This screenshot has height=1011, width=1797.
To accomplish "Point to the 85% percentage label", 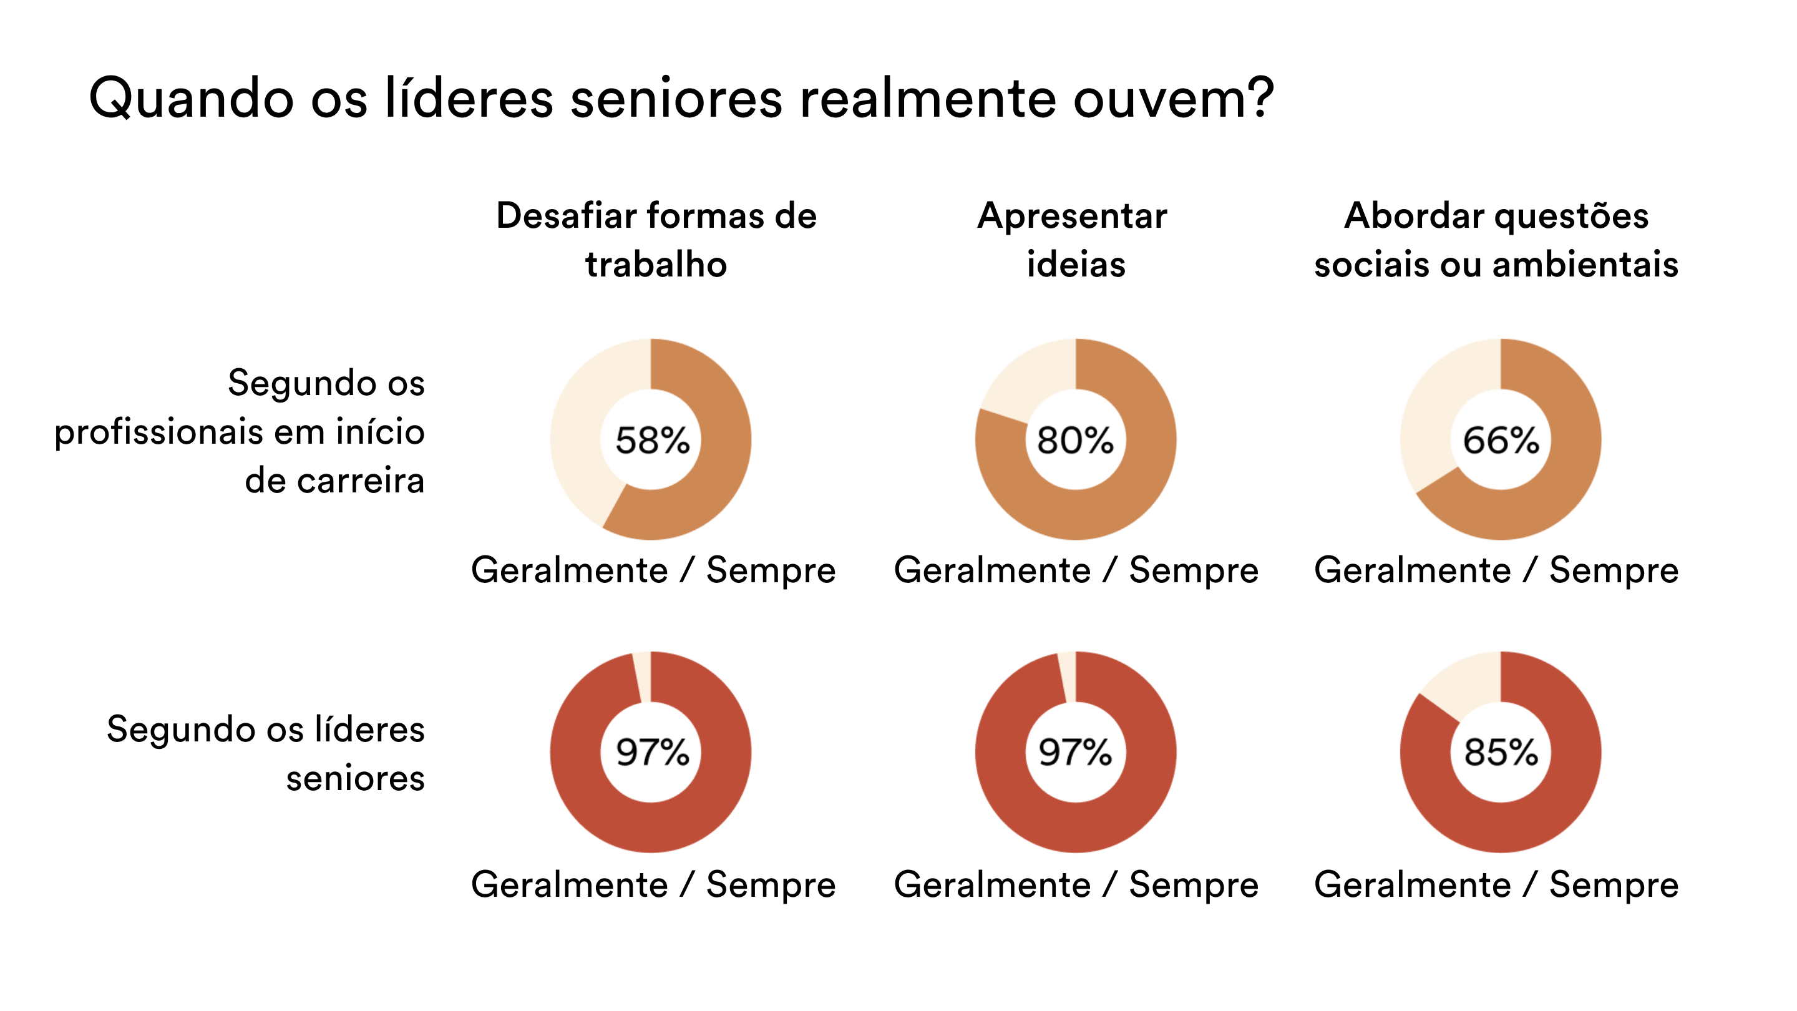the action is point(1501,752).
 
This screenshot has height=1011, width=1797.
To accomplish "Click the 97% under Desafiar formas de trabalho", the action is point(652,752).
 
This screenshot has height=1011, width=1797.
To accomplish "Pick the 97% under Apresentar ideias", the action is point(1075,752).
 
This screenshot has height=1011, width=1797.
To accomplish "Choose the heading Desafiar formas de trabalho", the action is point(656,239).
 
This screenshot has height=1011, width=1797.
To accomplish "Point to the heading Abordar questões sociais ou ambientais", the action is point(1496,239).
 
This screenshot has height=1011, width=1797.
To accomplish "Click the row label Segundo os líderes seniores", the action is point(265,753).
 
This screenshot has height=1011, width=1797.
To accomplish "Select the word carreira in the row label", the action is point(361,481).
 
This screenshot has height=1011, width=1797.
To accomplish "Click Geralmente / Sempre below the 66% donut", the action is point(1496,571).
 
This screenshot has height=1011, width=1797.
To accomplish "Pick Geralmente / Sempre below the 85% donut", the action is point(1496,886).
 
